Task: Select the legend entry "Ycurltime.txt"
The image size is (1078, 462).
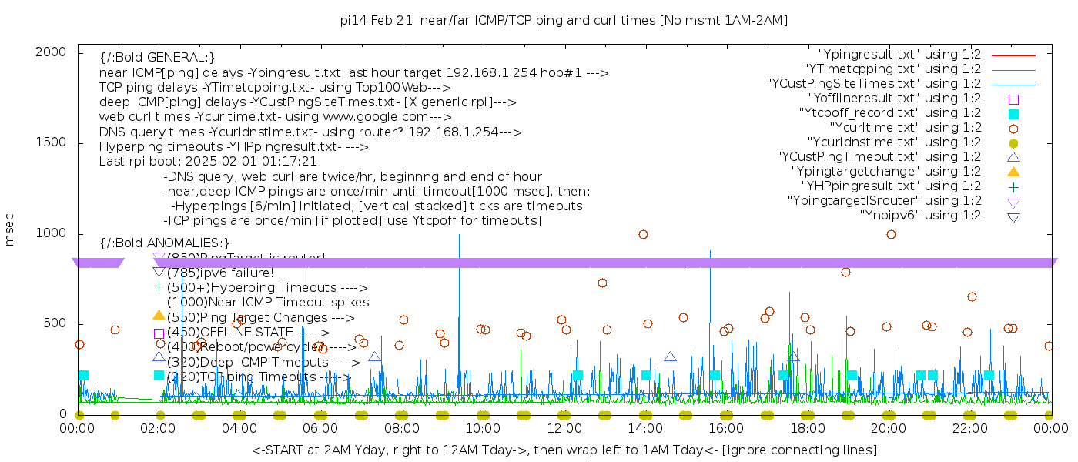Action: click(905, 128)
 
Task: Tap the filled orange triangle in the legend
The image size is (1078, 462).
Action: click(1013, 172)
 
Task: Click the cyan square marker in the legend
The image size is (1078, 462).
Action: click(1013, 113)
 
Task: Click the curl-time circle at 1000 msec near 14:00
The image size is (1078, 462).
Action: click(643, 234)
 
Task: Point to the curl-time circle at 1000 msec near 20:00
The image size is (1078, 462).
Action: click(891, 234)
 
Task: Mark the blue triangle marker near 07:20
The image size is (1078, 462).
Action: click(374, 357)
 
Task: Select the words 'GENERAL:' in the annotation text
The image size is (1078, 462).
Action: click(182, 58)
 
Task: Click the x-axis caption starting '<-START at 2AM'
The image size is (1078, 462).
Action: click(564, 450)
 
